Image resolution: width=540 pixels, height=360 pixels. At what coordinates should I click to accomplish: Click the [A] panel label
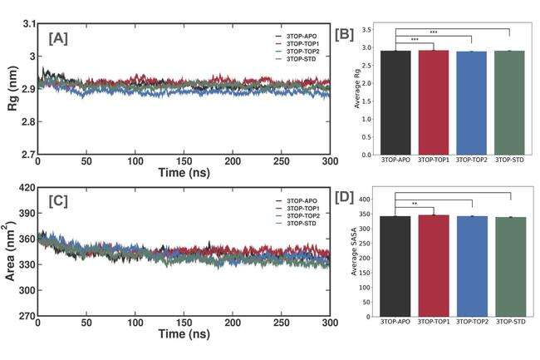tap(59, 38)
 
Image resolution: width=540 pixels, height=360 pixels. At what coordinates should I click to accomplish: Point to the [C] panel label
tap(59, 202)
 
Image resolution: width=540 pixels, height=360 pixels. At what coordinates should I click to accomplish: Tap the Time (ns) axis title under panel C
tap(184, 336)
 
